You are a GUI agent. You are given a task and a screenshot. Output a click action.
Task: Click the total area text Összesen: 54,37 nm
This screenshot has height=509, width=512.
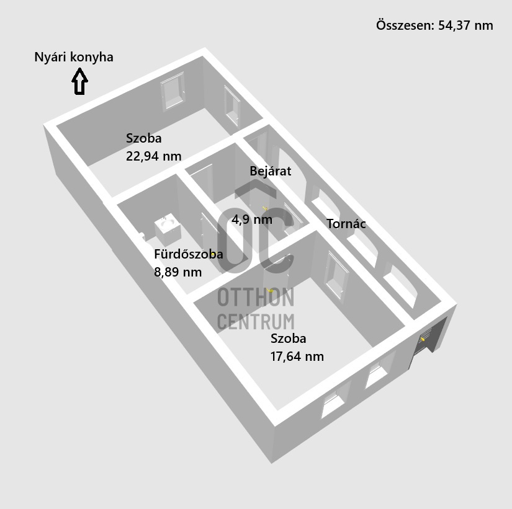[434, 25]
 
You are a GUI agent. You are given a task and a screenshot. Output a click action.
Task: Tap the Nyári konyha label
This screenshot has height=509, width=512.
[74, 58]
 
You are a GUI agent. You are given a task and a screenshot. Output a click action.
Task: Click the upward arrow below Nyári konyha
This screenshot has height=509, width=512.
[79, 82]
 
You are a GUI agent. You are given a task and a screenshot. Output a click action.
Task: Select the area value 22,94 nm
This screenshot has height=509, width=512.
[153, 156]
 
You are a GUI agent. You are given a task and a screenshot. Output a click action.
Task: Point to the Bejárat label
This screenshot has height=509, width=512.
[270, 171]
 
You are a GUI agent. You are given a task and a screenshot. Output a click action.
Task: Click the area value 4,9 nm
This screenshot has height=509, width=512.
[251, 219]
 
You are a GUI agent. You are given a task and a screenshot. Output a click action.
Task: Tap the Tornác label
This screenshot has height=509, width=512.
[346, 224]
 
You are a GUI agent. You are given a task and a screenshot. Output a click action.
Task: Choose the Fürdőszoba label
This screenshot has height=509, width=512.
[188, 254]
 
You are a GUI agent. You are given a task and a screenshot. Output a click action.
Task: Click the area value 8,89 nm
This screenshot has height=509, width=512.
[177, 272]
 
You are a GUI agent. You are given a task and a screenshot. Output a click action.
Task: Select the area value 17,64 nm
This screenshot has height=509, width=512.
[297, 356]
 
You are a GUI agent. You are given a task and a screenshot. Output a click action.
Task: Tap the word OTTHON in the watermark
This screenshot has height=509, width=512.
[255, 298]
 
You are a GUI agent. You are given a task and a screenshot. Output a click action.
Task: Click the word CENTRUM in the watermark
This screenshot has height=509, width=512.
[255, 322]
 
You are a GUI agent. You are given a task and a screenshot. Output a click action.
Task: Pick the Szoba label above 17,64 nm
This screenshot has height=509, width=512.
[288, 339]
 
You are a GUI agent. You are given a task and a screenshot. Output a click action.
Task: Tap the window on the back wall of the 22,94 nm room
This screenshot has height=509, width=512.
[172, 92]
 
